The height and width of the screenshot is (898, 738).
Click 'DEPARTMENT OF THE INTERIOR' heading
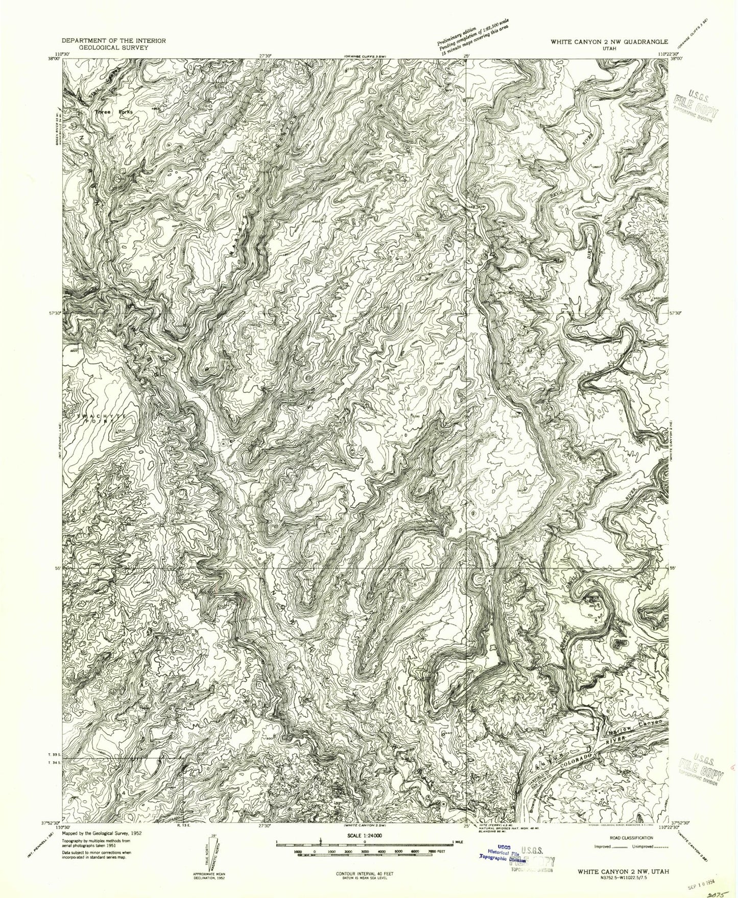pyautogui.click(x=113, y=40)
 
